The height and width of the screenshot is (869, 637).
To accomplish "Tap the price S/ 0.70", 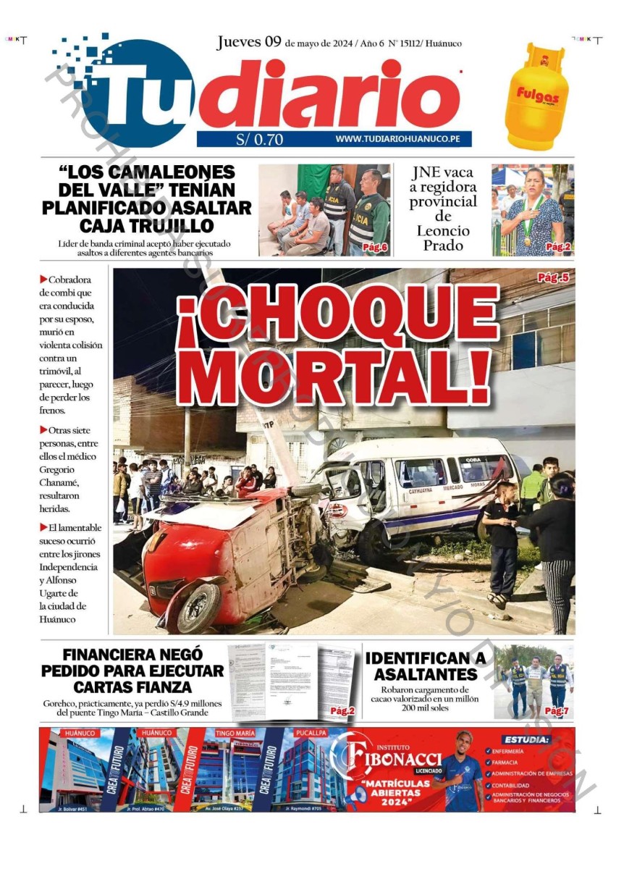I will point(259,140).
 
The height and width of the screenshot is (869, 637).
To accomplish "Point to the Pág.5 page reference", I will point(553,278).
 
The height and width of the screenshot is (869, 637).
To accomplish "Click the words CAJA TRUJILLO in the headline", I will point(147,224).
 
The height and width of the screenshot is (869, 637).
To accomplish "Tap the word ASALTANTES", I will point(425,674).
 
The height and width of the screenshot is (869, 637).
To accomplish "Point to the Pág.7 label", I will point(557,711).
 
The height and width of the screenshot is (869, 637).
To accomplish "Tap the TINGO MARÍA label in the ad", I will point(235,733).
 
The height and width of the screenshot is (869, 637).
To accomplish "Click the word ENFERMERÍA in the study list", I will point(508,752).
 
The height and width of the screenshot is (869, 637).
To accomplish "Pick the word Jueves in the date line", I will point(240,42).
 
